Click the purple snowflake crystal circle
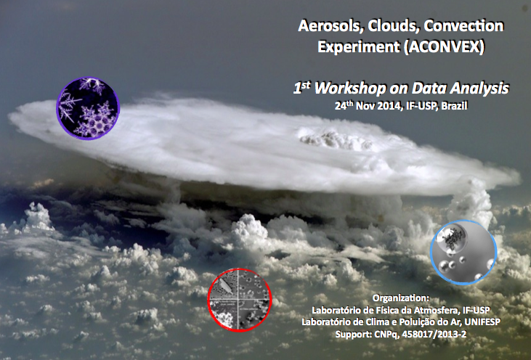pyautogui.click(x=88, y=108)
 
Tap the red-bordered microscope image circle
pyautogui.click(x=240, y=300)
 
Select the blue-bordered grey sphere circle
pyautogui.click(x=463, y=252)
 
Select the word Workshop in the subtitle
pyautogui.click(x=350, y=89)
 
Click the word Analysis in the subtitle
pyautogui.click(x=479, y=89)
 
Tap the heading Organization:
pyautogui.click(x=401, y=298)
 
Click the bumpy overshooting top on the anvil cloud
pyautogui.click(x=336, y=139)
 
